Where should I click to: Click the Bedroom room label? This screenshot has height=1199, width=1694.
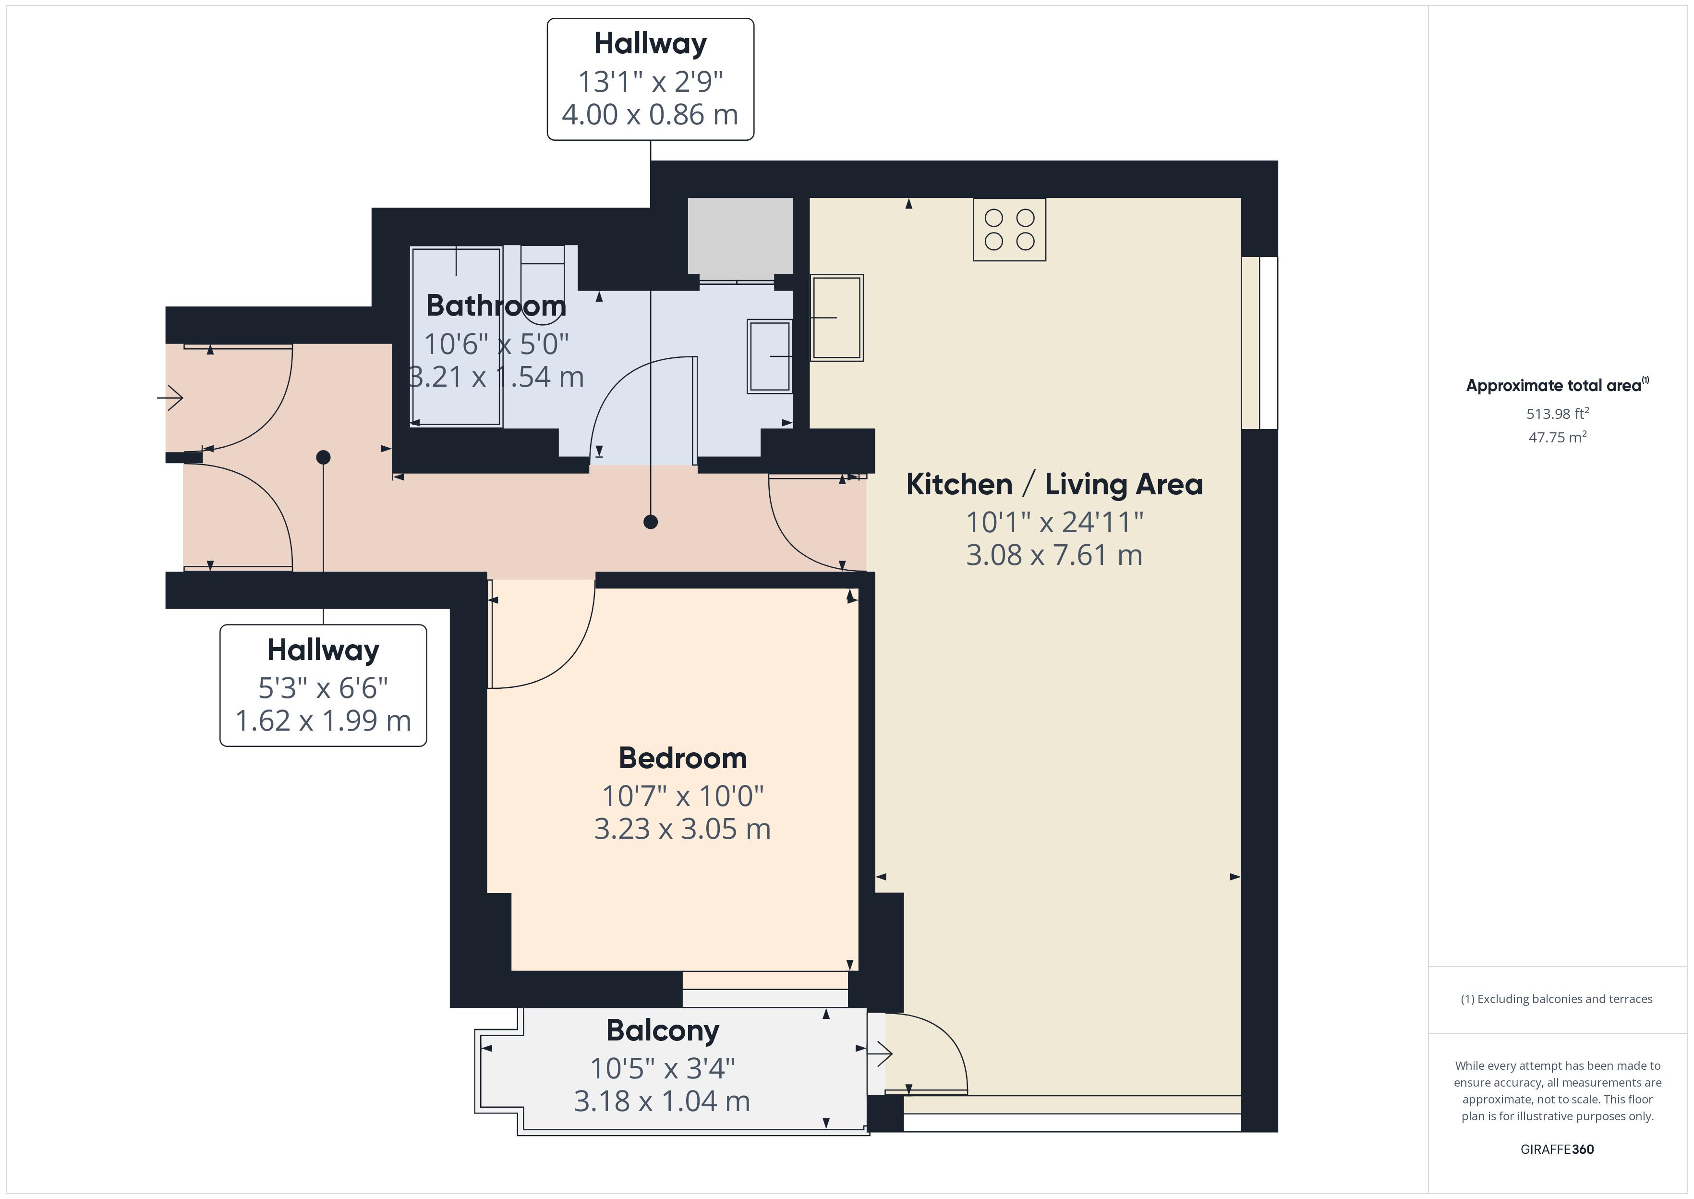pos(682,758)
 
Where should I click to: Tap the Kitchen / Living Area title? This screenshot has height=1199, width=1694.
pos(1054,484)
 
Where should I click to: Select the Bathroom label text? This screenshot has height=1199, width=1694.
pos(496,306)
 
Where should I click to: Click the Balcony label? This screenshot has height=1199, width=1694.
pos(663,1031)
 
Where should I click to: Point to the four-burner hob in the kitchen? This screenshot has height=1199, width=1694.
pos(1009,230)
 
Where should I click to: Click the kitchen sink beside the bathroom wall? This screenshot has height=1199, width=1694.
pos(836,318)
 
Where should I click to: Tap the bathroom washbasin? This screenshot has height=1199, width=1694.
pos(770,356)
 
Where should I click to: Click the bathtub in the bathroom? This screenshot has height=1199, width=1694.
pos(456,337)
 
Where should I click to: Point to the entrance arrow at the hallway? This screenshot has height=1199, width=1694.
pos(170,398)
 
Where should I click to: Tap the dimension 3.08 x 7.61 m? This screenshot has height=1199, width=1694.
pos(1054,555)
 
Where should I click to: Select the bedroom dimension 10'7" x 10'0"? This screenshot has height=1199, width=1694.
pos(682,796)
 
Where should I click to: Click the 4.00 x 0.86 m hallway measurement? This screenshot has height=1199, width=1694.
pos(650,114)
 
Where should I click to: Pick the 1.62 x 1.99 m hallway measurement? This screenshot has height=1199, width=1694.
pos(323,721)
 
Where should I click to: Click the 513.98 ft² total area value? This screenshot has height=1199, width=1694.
pos(1558,414)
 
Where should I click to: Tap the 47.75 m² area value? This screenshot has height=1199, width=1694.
pos(1558,437)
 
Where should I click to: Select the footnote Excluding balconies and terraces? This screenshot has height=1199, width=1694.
pos(1557,999)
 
